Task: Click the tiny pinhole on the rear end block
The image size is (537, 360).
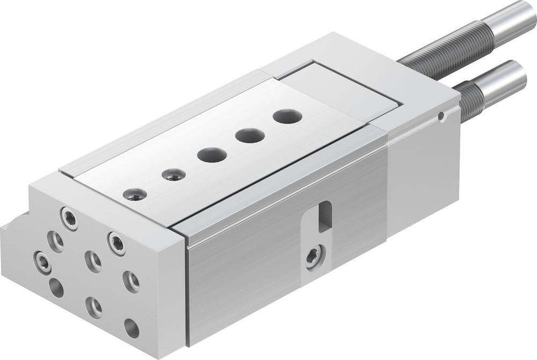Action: [x=441, y=116]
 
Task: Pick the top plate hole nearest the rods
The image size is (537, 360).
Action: [x=286, y=116]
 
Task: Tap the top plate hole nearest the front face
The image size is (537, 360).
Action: [x=134, y=194]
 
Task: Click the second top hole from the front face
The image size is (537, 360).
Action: [x=173, y=174]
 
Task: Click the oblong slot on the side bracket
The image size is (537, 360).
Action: [x=324, y=216]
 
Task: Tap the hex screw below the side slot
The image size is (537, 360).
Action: [x=314, y=256]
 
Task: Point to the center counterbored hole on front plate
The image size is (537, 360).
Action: [x=93, y=261]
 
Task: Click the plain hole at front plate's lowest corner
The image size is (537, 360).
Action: [x=131, y=328]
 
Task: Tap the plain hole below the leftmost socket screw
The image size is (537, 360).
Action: [x=56, y=288]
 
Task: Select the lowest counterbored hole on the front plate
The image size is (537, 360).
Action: [x=95, y=307]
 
